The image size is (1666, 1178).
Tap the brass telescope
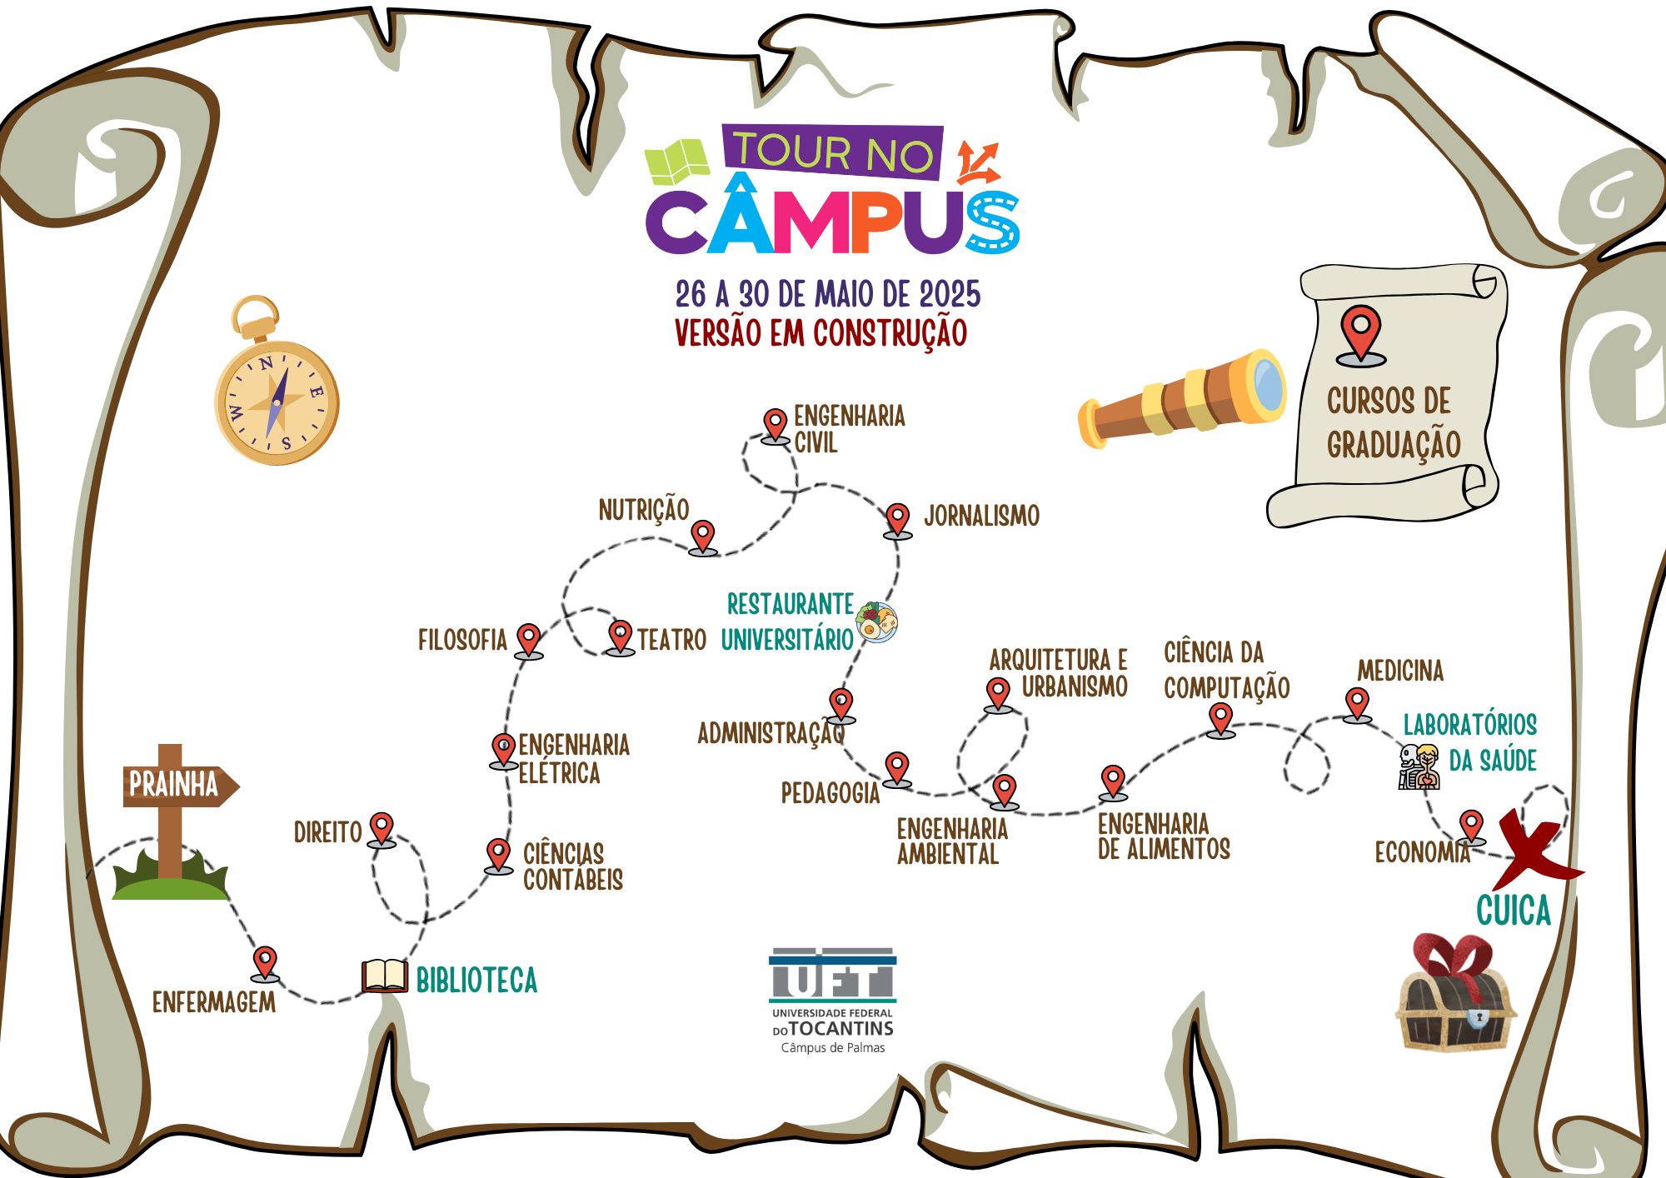click(x=1183, y=398)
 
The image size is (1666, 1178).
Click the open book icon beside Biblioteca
click(x=384, y=976)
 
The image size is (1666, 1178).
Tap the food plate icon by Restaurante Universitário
click(x=876, y=621)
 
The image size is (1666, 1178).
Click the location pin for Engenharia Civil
click(x=776, y=424)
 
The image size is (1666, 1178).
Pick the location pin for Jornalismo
click(x=897, y=519)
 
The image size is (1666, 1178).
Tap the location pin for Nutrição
click(x=703, y=536)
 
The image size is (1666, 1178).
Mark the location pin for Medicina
click(x=1357, y=702)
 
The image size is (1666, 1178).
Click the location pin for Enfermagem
click(x=265, y=961)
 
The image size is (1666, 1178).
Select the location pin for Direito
click(x=382, y=828)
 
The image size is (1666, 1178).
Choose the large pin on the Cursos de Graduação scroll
click(x=1360, y=334)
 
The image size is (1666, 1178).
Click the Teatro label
click(x=671, y=640)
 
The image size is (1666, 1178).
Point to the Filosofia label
click(x=462, y=640)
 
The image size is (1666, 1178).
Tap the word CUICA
click(x=1514, y=910)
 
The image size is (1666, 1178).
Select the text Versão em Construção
click(x=821, y=332)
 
